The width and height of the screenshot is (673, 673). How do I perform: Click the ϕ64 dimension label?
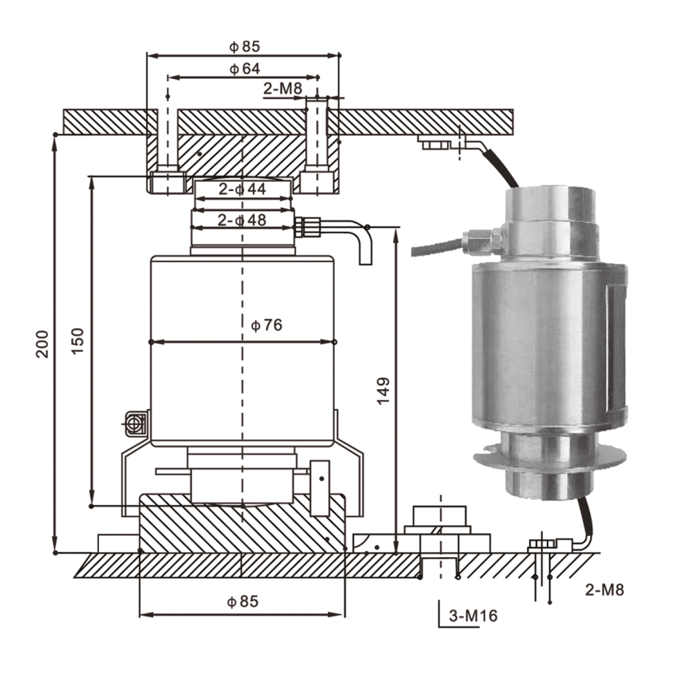click(244, 69)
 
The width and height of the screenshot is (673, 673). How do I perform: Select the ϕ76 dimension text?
click(267, 326)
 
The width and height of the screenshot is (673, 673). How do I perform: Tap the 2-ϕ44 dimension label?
click(242, 189)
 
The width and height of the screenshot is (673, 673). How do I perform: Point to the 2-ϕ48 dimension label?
click(242, 220)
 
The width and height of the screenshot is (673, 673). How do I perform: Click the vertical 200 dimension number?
click(42, 344)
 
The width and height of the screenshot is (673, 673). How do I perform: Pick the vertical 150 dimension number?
click(77, 341)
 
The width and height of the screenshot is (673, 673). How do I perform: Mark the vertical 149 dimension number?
click(383, 391)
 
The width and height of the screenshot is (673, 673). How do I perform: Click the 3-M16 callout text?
click(473, 616)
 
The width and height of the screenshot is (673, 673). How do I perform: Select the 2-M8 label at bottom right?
click(604, 589)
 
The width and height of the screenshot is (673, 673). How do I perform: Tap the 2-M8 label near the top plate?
click(283, 88)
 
